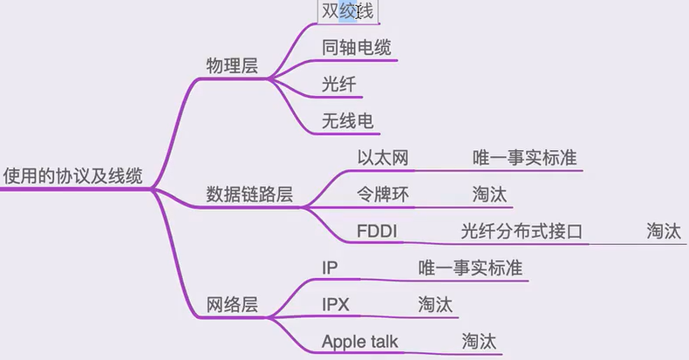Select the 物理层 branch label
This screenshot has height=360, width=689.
coord(231,65)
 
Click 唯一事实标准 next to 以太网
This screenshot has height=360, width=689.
coord(524,158)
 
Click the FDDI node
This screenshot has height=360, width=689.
coord(377,231)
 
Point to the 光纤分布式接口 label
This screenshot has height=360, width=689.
coord(522,231)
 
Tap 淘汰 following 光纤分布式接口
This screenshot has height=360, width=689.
coord(663,231)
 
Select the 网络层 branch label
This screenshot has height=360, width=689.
coord(231,304)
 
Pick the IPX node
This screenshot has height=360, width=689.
coord(337,304)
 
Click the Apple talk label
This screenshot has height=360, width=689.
coord(365,341)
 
